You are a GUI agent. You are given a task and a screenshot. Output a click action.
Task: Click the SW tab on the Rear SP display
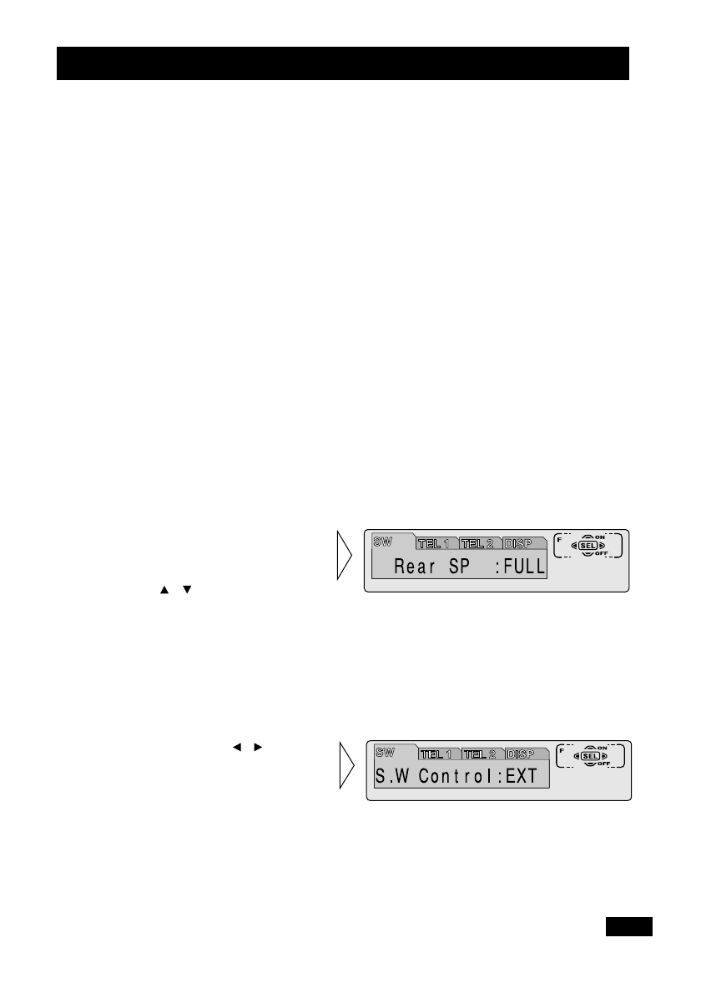(x=384, y=542)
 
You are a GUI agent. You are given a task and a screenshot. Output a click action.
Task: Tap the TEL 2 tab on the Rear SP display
(x=480, y=544)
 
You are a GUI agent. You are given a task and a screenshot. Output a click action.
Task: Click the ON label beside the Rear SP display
(x=600, y=537)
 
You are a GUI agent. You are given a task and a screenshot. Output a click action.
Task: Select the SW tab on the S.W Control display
(x=386, y=751)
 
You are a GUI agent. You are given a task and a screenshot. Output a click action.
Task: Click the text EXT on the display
(x=522, y=777)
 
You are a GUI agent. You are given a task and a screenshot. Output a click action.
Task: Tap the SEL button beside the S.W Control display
(x=592, y=756)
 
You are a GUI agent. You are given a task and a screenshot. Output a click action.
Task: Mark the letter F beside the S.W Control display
(x=562, y=750)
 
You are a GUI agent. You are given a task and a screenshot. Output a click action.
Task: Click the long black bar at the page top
(x=342, y=63)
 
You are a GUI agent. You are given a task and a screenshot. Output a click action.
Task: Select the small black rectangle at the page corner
(x=629, y=926)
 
